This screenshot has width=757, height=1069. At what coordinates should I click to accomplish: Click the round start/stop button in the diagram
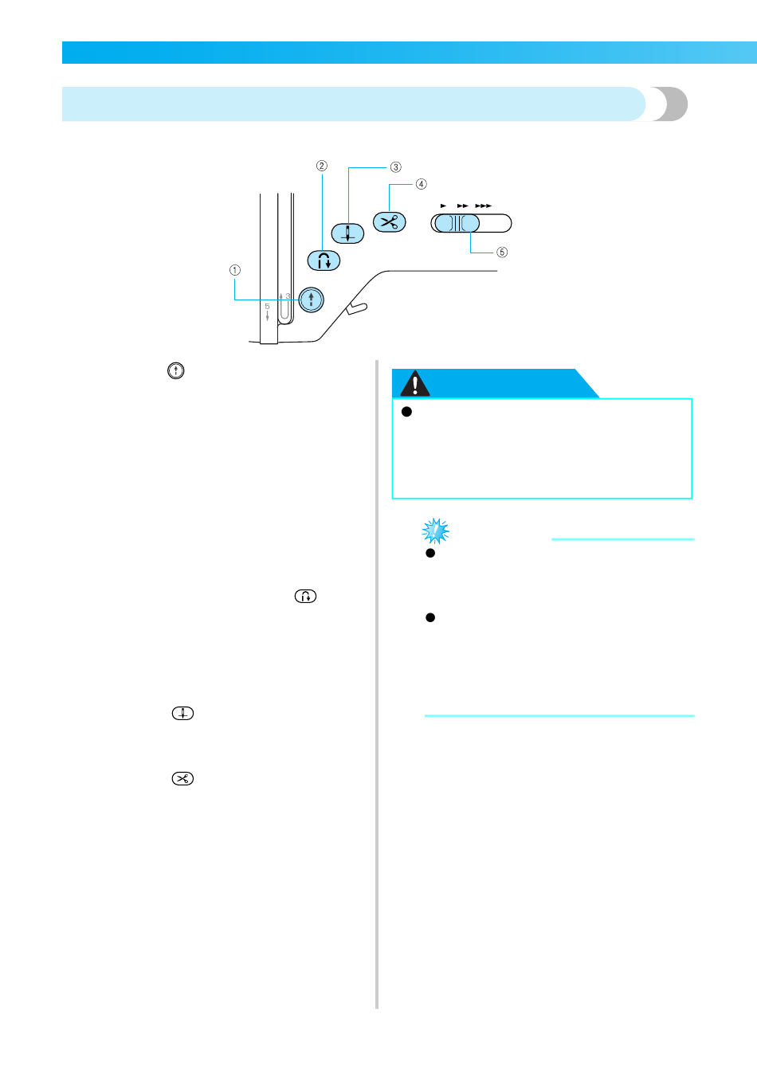(x=312, y=300)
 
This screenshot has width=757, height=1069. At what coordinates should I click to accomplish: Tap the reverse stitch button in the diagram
(x=324, y=260)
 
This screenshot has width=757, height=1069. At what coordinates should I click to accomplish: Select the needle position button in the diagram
(x=347, y=233)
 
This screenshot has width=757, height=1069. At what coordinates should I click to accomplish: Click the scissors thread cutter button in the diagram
(x=389, y=222)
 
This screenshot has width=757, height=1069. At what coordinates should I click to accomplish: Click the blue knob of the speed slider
(x=457, y=223)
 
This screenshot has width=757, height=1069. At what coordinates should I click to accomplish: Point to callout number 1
(x=235, y=270)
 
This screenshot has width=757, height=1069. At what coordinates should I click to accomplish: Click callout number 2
(x=322, y=166)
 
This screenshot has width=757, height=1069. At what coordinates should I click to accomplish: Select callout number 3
(x=395, y=167)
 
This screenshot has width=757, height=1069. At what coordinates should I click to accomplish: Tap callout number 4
(x=421, y=184)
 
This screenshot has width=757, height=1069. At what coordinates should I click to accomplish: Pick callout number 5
(x=501, y=253)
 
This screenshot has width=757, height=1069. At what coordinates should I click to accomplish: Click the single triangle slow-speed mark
(x=443, y=206)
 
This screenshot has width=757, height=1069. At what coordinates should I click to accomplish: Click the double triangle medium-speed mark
(x=462, y=206)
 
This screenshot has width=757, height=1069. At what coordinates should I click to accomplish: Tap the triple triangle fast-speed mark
(x=483, y=206)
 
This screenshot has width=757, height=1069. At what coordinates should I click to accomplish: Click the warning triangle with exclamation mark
(x=414, y=385)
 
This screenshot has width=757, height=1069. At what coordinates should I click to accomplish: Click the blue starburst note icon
(x=435, y=531)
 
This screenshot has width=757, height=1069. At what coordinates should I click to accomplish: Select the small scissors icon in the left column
(x=182, y=779)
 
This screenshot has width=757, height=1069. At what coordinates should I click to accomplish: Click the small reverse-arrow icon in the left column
(x=305, y=596)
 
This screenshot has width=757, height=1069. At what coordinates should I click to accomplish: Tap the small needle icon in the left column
(x=182, y=713)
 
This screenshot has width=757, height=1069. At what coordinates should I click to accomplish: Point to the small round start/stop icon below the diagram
(x=176, y=370)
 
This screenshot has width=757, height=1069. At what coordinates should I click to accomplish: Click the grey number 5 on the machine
(x=267, y=307)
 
